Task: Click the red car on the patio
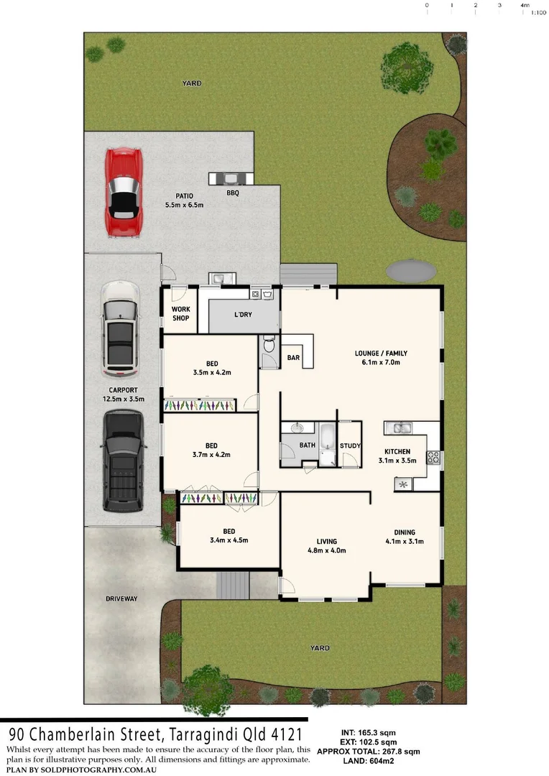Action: click(123, 192)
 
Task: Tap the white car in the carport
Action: click(120, 329)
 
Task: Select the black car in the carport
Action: click(122, 461)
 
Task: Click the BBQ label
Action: click(232, 193)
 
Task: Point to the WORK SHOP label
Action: click(180, 313)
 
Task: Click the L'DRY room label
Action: click(243, 315)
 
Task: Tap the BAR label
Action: click(293, 357)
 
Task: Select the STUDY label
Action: click(350, 445)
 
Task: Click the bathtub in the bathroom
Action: click(327, 444)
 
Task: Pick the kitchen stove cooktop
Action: click(433, 457)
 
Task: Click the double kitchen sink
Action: click(397, 429)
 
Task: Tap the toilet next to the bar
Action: click(269, 346)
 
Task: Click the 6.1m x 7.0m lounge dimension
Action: click(381, 362)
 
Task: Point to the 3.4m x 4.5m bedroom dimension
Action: click(229, 540)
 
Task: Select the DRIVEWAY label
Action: click(121, 599)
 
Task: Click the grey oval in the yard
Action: click(411, 271)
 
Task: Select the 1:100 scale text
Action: click(538, 12)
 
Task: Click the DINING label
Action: click(403, 532)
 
